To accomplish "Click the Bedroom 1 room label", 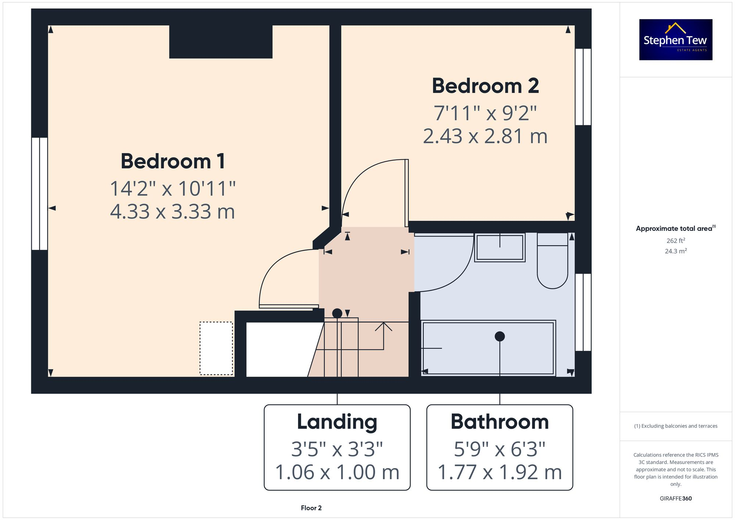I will [173, 161].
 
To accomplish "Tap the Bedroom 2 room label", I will [485, 86].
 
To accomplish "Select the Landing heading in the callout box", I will [337, 422].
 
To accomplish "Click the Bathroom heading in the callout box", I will [499, 422].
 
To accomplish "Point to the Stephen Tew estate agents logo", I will [675, 40].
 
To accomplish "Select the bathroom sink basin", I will [499, 247].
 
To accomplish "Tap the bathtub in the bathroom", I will [488, 348].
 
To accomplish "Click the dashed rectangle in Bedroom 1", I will [216, 348].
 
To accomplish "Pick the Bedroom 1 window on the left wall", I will [39, 194].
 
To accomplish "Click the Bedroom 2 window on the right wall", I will [583, 87].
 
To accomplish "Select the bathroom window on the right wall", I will [583, 312].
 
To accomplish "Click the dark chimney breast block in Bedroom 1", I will [220, 42].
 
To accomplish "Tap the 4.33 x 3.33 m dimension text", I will [172, 212].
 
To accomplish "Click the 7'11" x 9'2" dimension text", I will [485, 113].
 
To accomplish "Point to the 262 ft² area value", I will [675, 241].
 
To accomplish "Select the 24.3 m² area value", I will [675, 251].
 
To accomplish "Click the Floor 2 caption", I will [311, 508].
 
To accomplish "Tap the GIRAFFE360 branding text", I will [675, 499].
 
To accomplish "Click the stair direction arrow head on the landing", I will [383, 325].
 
